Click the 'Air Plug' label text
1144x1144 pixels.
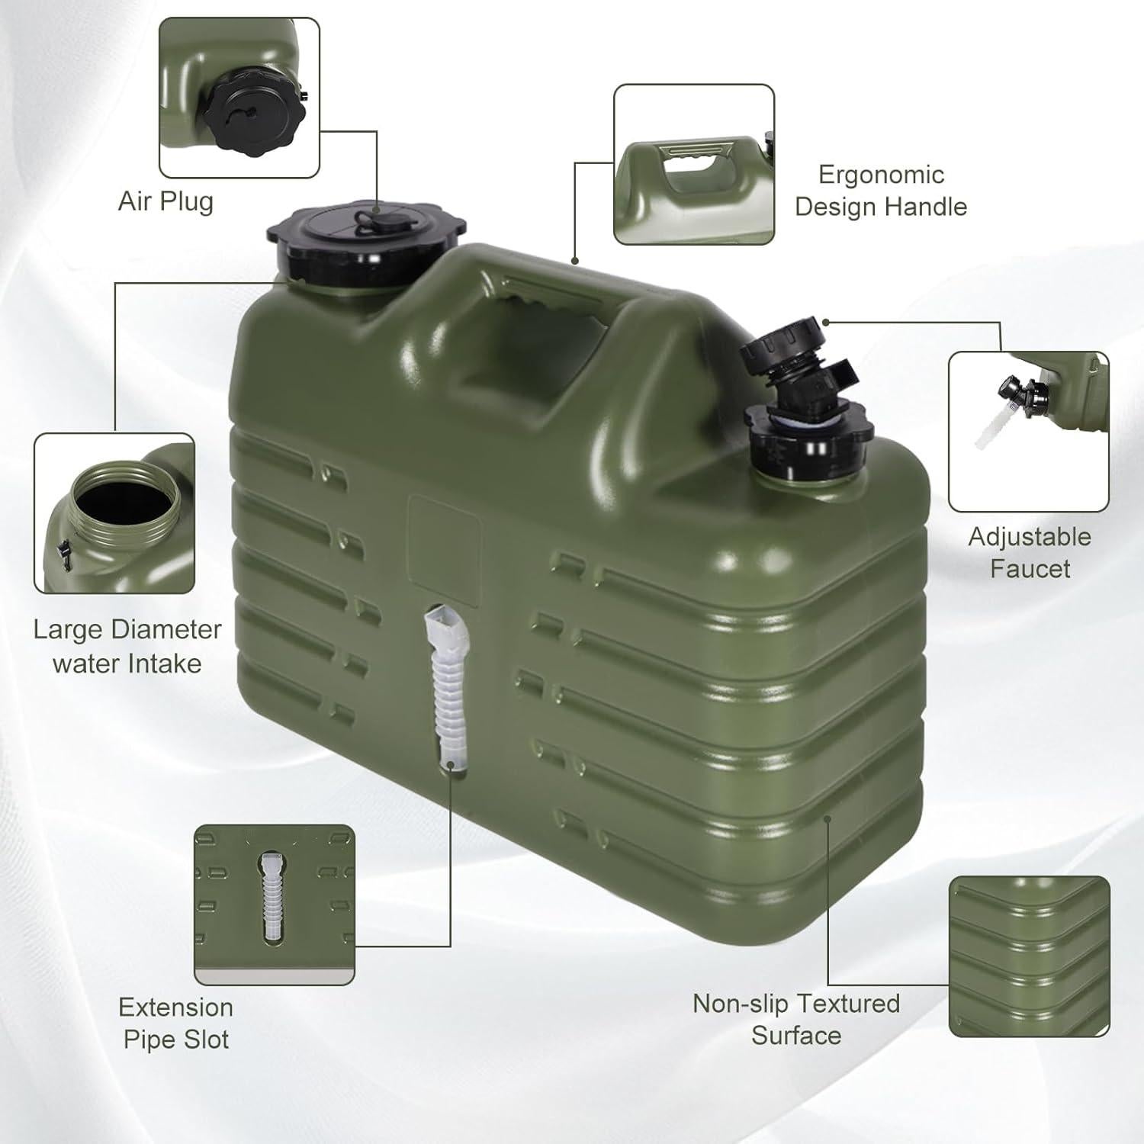tap(165, 202)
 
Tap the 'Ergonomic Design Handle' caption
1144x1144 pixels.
tap(881, 191)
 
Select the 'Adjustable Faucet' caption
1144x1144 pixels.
tap(1030, 552)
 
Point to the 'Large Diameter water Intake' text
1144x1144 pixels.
tap(127, 646)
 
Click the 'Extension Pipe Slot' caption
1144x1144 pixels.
tap(176, 1023)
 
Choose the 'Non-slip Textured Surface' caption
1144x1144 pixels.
tap(796, 1019)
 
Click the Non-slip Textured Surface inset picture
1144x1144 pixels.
tap(1029, 956)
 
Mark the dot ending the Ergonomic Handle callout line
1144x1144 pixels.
tap(576, 261)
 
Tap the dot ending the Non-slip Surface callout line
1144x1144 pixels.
tap(828, 819)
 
